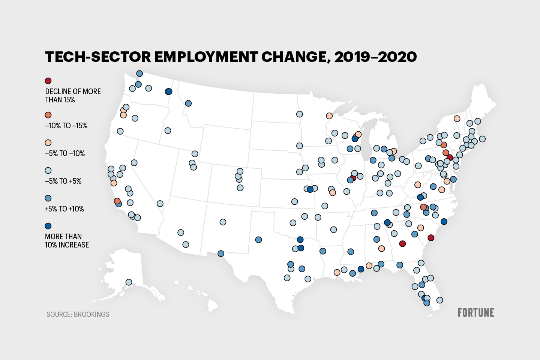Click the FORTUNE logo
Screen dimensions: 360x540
[x=475, y=312]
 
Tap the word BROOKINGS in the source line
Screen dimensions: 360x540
[x=91, y=314]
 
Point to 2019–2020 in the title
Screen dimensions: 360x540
[x=375, y=57]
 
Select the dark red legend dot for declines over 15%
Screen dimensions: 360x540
[x=48, y=81]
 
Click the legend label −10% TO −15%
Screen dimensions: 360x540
[x=66, y=126]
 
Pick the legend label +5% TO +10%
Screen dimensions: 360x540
[x=64, y=209]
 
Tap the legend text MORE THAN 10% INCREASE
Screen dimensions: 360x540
[x=67, y=241]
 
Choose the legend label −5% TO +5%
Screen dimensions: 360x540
[x=63, y=181]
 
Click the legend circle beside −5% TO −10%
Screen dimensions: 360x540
[x=48, y=143]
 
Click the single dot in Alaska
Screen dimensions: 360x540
[x=129, y=282]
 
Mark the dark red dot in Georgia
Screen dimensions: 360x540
[x=402, y=244]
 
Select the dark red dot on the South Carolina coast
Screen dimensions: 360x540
[x=431, y=238]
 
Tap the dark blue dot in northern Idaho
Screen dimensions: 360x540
[x=169, y=91]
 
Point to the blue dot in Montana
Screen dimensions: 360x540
[x=188, y=103]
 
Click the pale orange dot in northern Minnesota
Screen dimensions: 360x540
[x=329, y=116]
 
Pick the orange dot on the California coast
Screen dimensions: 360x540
[x=117, y=201]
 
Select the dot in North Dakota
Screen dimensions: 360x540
[x=299, y=114]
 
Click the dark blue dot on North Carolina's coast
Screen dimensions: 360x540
[x=444, y=222]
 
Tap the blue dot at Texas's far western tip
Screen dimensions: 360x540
[x=221, y=253]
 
